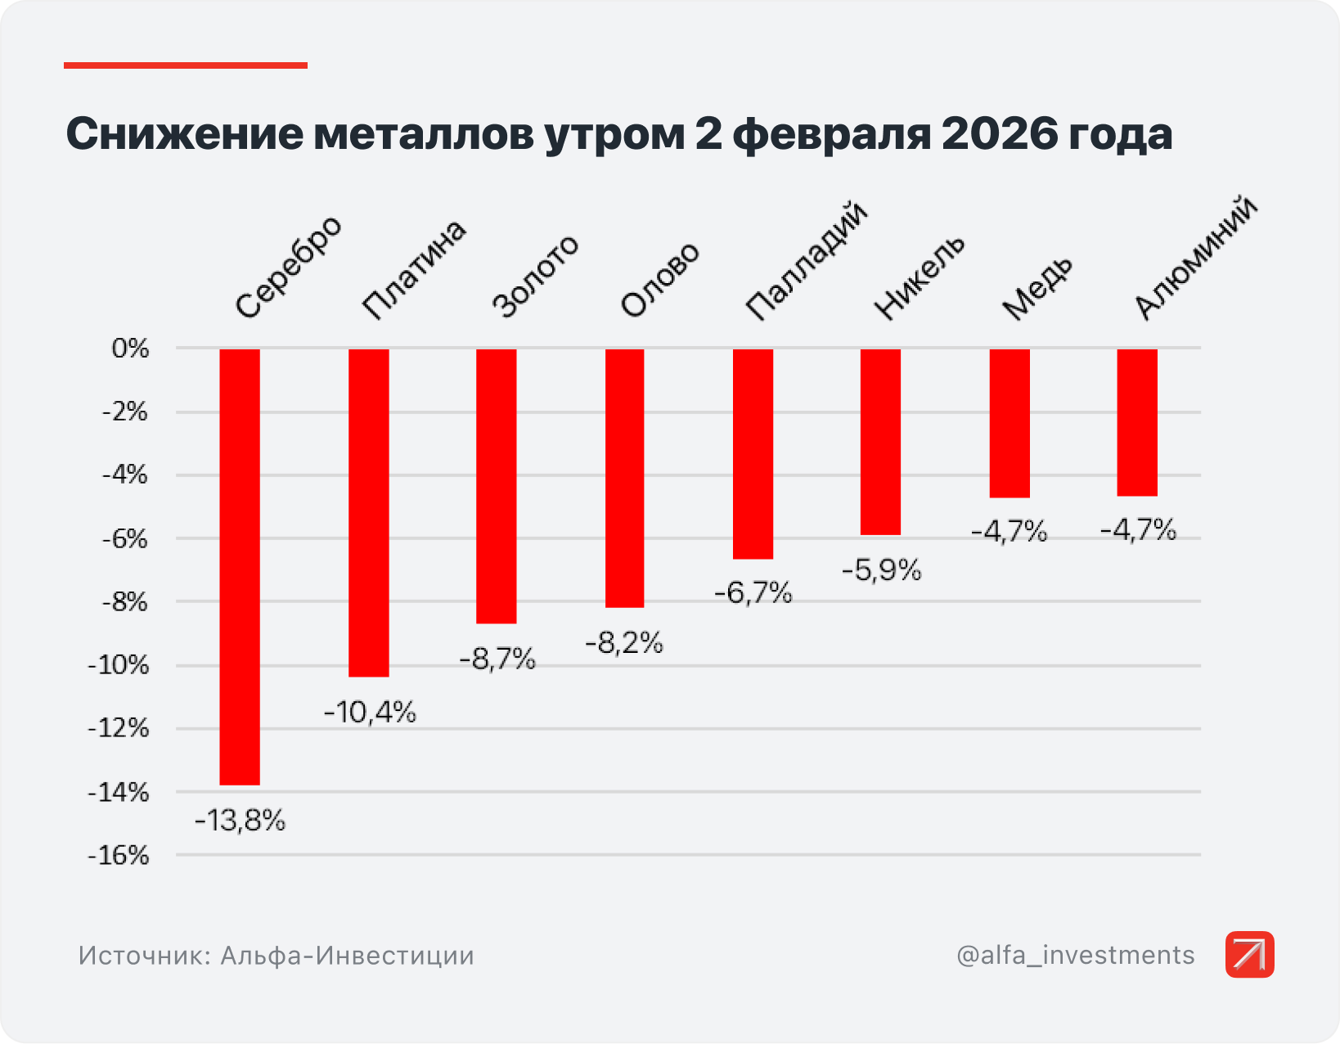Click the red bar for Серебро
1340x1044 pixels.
240,566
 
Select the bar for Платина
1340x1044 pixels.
369,512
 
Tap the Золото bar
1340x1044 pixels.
497,486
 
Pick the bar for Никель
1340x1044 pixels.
881,442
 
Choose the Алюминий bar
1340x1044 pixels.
1137,422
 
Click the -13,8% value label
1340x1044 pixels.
240,820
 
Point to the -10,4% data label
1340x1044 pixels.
370,713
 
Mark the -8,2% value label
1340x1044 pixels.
624,643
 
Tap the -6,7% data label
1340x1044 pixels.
753,592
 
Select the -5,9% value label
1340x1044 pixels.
882,569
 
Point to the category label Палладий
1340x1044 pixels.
806,261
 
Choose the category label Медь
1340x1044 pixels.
1037,288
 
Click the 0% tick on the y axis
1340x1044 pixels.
131,349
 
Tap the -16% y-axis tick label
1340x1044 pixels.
119,856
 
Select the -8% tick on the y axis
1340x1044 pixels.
125,602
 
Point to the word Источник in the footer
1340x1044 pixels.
144,956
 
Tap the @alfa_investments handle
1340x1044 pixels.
1075,955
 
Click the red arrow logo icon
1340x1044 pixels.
1249,954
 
